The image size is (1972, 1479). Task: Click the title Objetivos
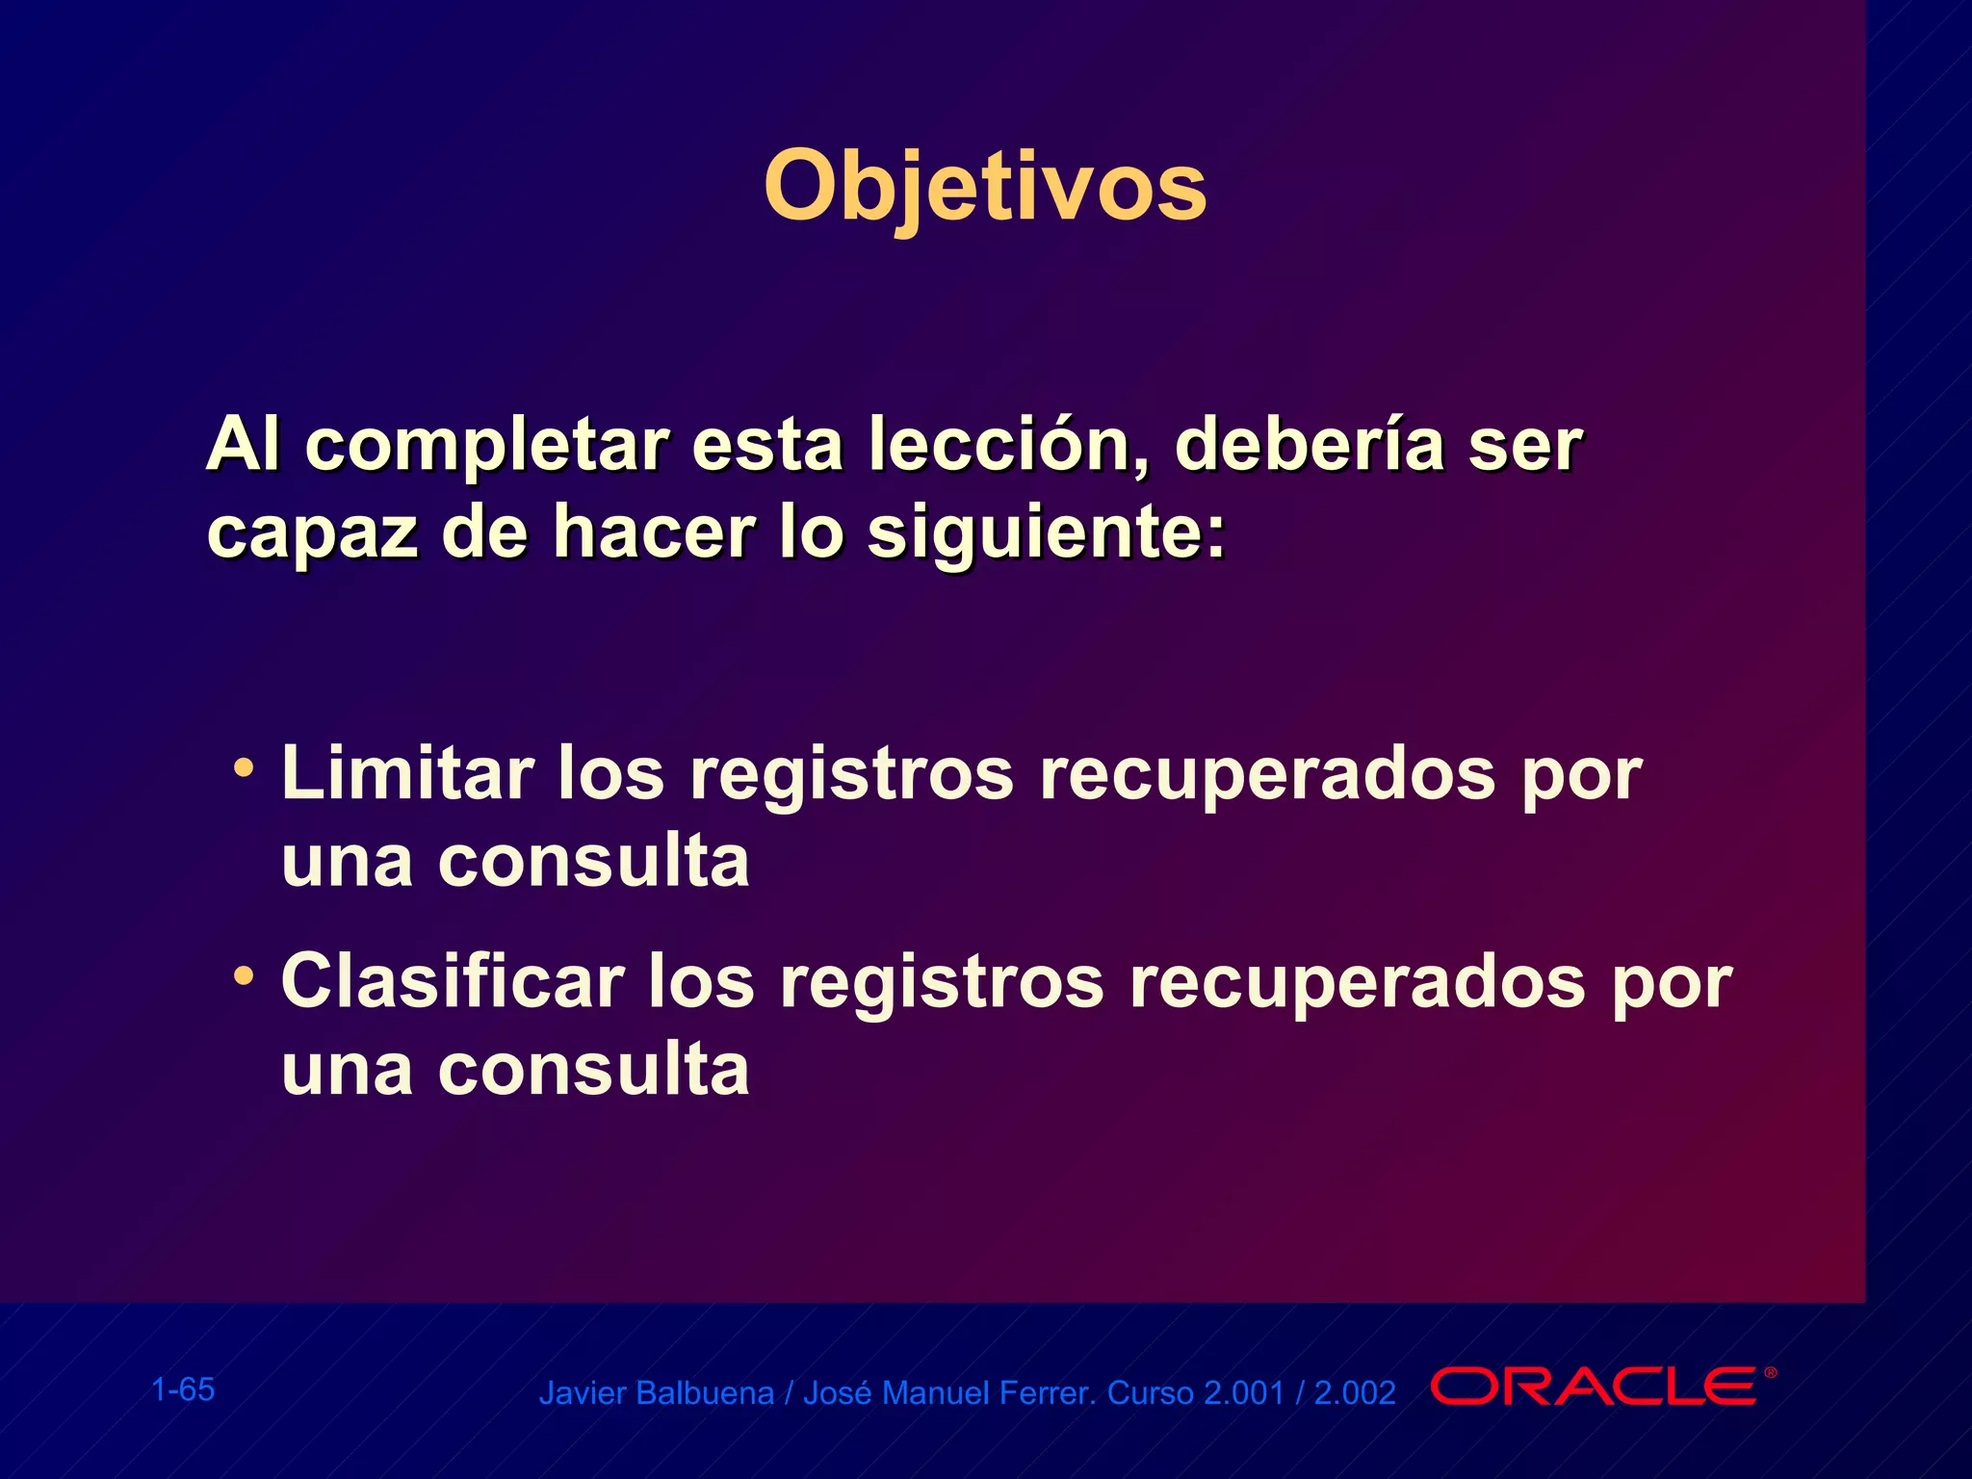point(984,186)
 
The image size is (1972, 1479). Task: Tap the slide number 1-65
point(183,1389)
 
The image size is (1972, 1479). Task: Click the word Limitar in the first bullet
point(407,773)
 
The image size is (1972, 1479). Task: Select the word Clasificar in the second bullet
point(453,981)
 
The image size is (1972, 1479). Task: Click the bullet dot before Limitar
point(245,768)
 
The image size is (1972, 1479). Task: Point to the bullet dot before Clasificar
point(245,976)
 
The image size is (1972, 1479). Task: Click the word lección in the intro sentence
point(1007,445)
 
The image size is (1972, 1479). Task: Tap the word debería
point(1310,445)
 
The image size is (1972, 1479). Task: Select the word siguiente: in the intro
point(1047,532)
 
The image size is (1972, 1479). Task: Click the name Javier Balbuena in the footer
point(656,1393)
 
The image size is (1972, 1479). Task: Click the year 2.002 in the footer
point(1355,1393)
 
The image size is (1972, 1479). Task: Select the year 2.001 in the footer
point(1244,1393)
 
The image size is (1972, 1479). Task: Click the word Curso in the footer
point(1151,1393)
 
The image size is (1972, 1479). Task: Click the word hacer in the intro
point(654,532)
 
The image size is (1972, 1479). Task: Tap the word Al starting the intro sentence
point(243,445)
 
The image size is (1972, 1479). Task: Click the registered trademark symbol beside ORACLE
point(1770,1372)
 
